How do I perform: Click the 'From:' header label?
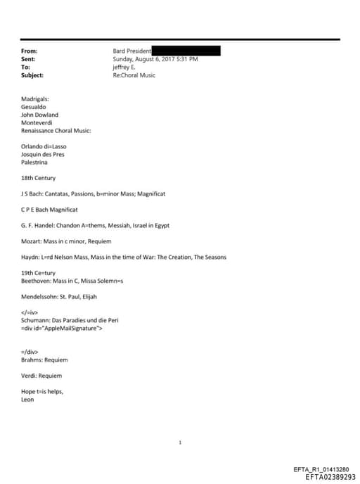pyautogui.click(x=30, y=51)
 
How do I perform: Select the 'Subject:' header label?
pyautogui.click(x=33, y=75)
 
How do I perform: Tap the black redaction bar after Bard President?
pyautogui.click(x=186, y=51)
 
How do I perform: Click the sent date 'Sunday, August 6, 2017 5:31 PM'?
pyautogui.click(x=155, y=59)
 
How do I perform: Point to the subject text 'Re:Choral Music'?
pyautogui.click(x=134, y=75)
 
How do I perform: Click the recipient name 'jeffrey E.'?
pyautogui.click(x=126, y=67)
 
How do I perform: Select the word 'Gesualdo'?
pyautogui.click(x=35, y=107)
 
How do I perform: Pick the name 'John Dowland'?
pyautogui.click(x=40, y=115)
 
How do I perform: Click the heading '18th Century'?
pyautogui.click(x=39, y=178)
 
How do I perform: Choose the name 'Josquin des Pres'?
pyautogui.click(x=43, y=154)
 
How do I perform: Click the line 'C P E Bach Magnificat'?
pyautogui.click(x=49, y=210)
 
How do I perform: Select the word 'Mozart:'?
pyautogui.click(x=32, y=241)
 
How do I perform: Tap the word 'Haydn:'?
pyautogui.click(x=31, y=257)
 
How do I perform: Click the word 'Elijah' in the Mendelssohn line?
pyautogui.click(x=96, y=297)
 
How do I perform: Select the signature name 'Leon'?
pyautogui.click(x=28, y=400)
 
